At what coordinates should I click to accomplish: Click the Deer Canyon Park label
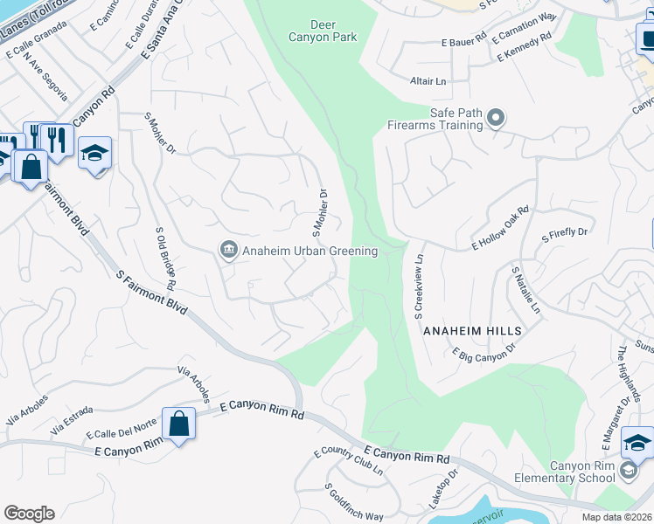324,31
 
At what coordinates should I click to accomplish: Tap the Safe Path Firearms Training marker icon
496,117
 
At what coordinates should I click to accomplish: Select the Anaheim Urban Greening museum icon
228,251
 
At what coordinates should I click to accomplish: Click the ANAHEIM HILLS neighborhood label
472,332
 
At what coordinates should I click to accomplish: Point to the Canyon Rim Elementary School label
582,472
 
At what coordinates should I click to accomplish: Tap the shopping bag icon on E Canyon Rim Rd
178,424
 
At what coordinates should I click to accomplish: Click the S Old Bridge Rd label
166,259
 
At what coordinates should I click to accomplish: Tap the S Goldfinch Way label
353,502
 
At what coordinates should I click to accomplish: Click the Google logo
29,514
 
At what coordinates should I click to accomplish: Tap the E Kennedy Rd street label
524,47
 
